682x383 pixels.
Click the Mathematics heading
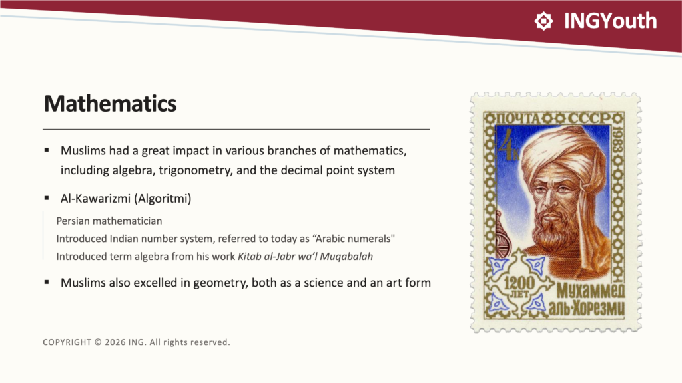(111, 104)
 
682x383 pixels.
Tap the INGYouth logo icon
(543, 21)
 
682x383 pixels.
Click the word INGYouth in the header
(610, 21)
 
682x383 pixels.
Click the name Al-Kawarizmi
(95, 198)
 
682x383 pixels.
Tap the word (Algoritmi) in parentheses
(163, 199)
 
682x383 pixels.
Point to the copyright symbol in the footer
(98, 342)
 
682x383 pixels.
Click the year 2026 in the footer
(115, 342)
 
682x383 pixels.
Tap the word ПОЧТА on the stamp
(517, 118)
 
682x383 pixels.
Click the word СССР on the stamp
(589, 118)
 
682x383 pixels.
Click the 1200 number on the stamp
(519, 283)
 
